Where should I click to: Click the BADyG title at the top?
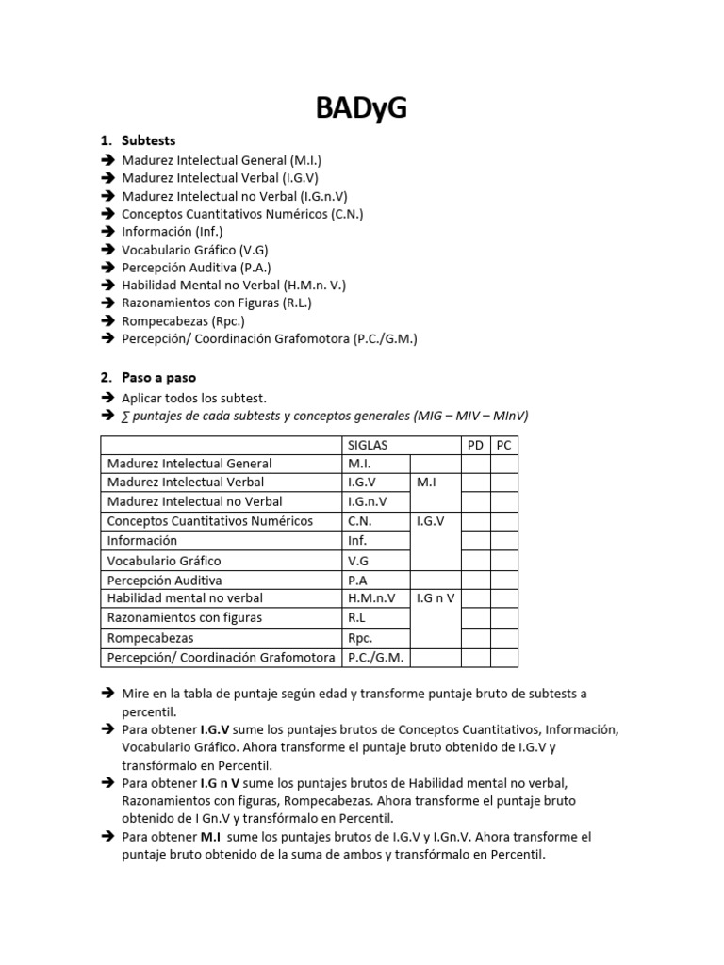[x=361, y=109]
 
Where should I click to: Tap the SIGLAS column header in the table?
[x=368, y=445]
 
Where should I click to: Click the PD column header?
[x=475, y=445]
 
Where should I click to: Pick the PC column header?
[x=503, y=445]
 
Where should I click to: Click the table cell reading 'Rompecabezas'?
[x=151, y=638]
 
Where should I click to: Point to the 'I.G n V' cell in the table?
[x=435, y=598]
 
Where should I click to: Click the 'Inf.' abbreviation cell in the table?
[x=357, y=541]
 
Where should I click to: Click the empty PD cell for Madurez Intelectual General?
[x=475, y=464]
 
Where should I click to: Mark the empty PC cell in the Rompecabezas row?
[x=503, y=638]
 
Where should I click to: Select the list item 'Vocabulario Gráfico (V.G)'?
[x=195, y=250]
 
